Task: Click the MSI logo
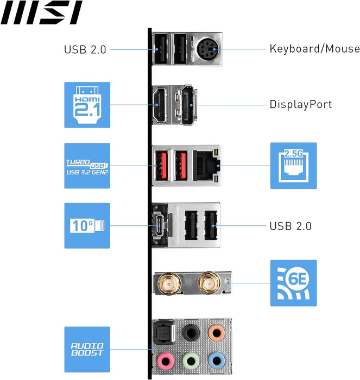(x=41, y=13)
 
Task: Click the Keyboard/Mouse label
(x=314, y=49)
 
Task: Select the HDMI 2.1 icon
(x=87, y=105)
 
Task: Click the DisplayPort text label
(x=300, y=104)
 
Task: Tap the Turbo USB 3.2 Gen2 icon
(x=87, y=166)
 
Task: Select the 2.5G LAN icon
(x=293, y=166)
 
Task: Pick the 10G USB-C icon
(x=87, y=226)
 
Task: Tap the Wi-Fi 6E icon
(x=293, y=282)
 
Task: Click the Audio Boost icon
(x=87, y=349)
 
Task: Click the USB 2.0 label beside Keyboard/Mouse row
(x=85, y=49)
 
